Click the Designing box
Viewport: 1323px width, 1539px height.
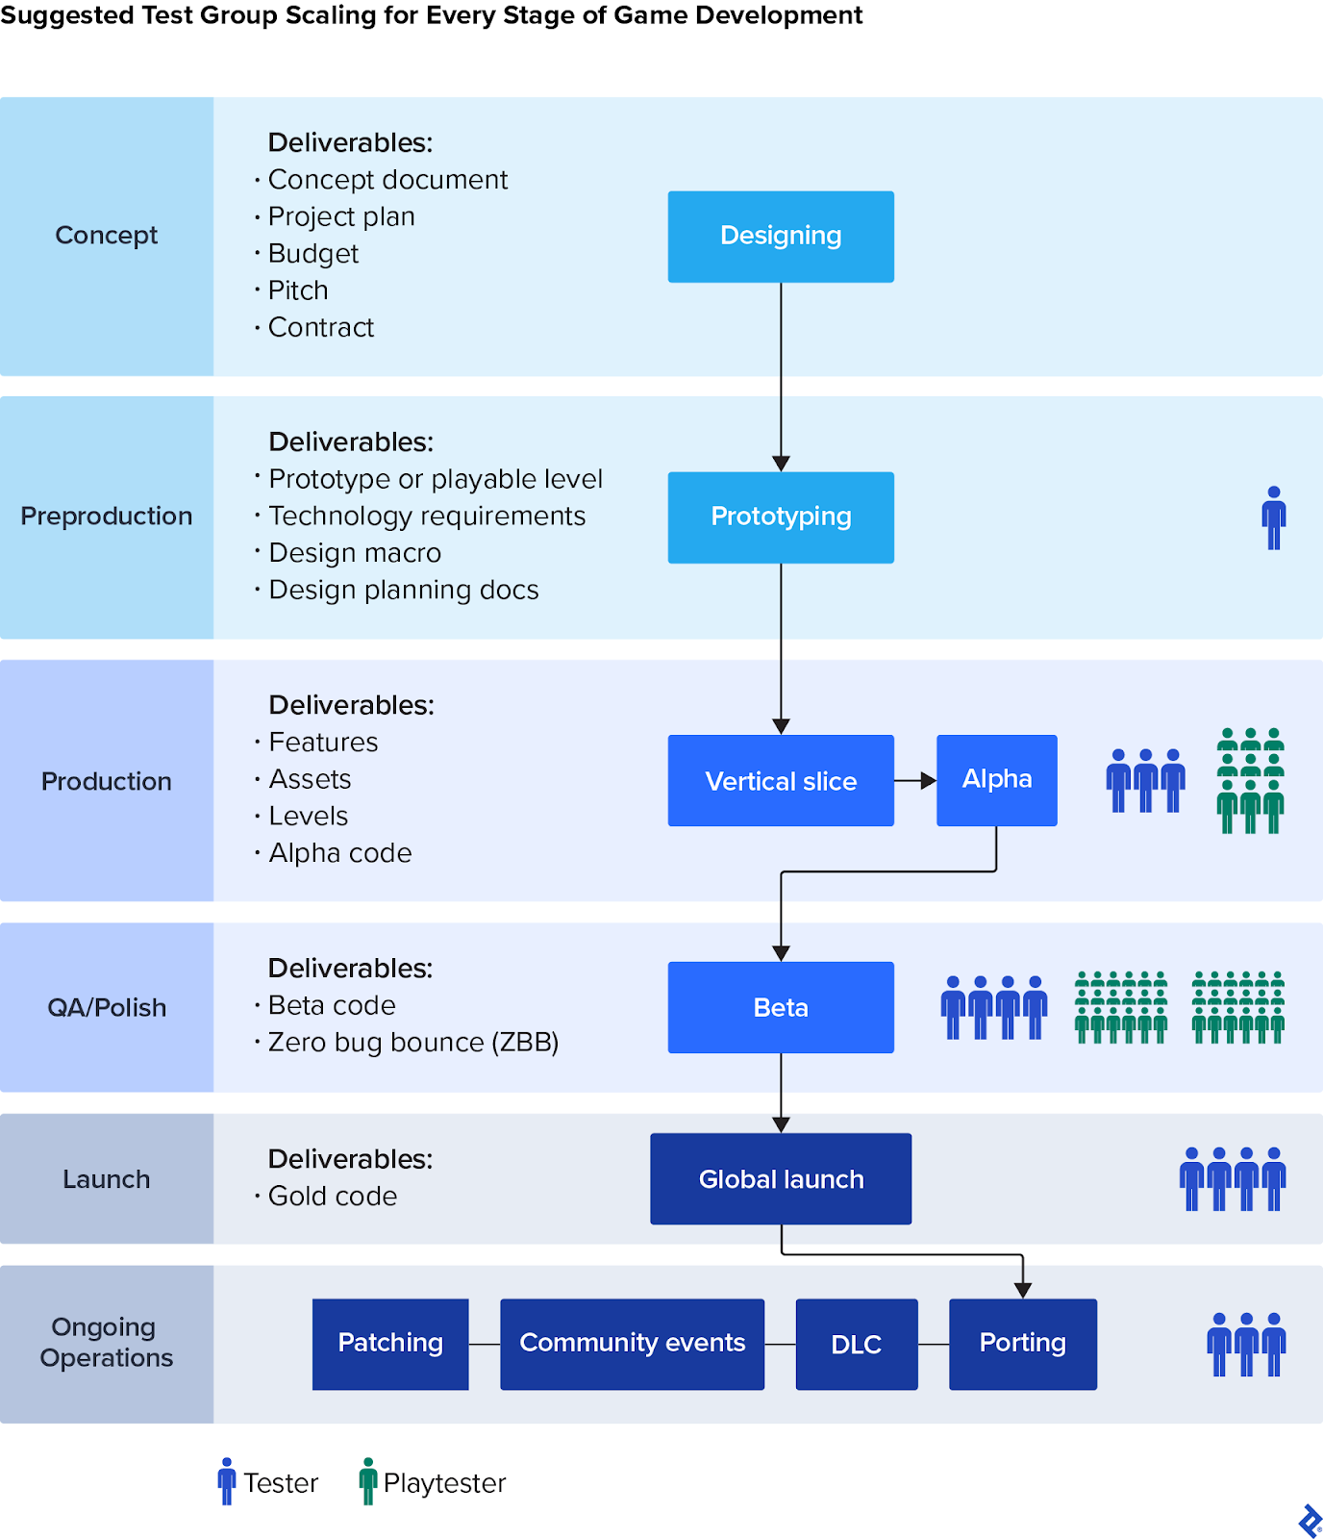click(781, 237)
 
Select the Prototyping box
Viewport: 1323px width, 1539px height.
click(781, 517)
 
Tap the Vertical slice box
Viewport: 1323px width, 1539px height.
click(781, 781)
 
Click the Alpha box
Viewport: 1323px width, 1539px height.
click(996, 780)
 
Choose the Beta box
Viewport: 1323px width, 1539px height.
click(781, 1007)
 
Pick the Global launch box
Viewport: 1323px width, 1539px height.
click(781, 1179)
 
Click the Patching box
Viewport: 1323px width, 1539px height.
click(390, 1344)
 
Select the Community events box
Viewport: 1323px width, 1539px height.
click(632, 1344)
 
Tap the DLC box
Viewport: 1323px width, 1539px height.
click(856, 1344)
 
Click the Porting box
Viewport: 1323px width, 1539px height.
click(1022, 1344)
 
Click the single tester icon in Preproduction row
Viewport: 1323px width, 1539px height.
click(1274, 517)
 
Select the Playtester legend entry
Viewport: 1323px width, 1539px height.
click(433, 1482)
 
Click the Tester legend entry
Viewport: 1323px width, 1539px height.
click(268, 1482)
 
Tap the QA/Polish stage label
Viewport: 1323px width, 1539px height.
click(107, 1007)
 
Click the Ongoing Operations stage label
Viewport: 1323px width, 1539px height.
click(107, 1343)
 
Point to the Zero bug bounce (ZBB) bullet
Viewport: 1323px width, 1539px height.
click(412, 1043)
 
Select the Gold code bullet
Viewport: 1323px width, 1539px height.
click(332, 1197)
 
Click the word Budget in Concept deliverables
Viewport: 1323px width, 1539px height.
click(312, 254)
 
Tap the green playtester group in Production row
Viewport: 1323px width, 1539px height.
click(1250, 780)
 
